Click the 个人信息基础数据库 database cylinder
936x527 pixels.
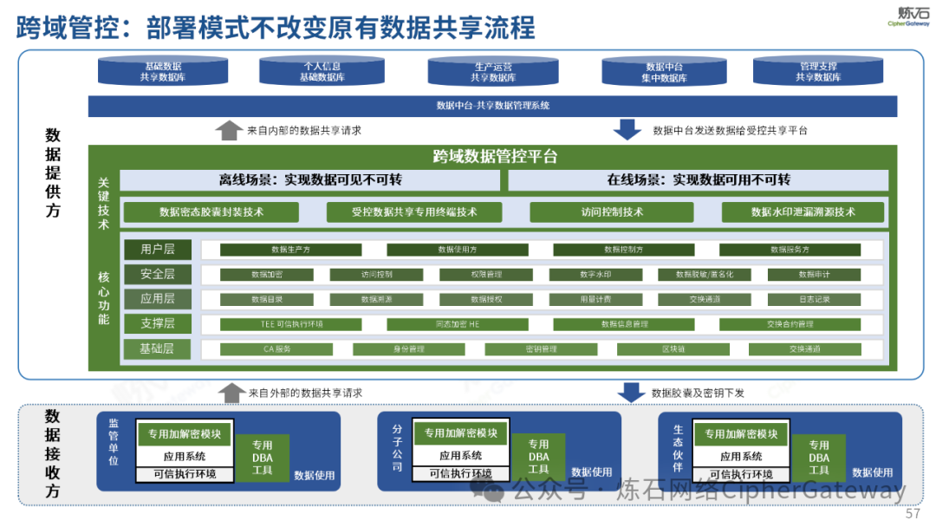point(322,72)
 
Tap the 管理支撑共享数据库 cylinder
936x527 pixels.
point(819,72)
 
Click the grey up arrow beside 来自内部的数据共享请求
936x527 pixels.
point(229,130)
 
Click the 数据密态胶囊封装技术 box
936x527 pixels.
point(211,212)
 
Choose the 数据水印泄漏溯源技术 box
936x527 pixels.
point(803,212)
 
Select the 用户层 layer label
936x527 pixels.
point(157,250)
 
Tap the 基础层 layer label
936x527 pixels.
point(157,349)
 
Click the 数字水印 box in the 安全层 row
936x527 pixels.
point(595,275)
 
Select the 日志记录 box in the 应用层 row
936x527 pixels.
point(814,300)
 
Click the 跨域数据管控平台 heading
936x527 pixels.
point(495,157)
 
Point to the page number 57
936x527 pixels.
point(913,514)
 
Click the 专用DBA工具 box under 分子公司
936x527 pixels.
point(538,457)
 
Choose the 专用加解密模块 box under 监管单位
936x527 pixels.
point(184,434)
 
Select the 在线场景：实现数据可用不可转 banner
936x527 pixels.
point(698,180)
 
